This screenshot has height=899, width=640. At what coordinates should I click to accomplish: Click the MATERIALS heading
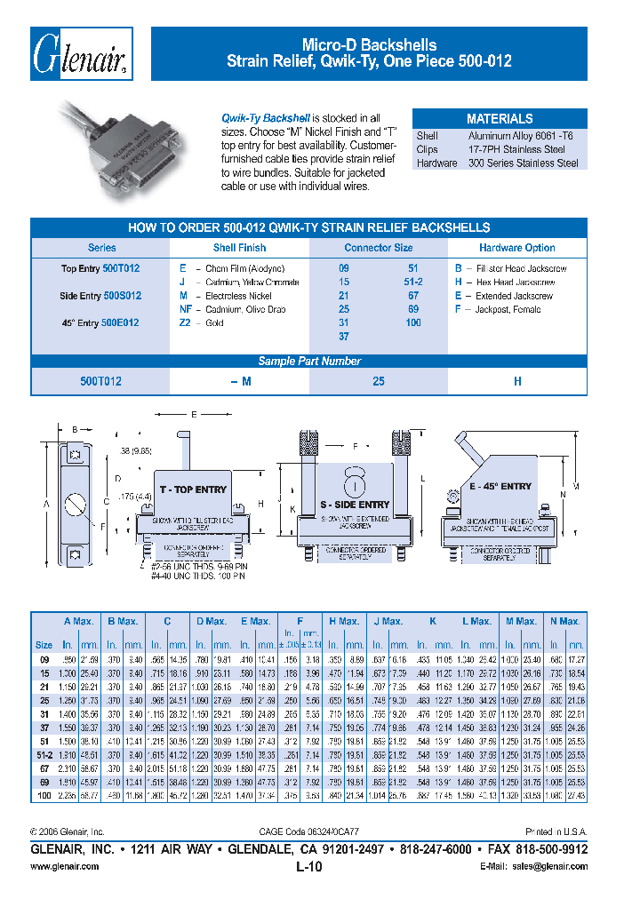coord(500,118)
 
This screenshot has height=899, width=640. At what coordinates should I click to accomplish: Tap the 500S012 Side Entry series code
coord(121,295)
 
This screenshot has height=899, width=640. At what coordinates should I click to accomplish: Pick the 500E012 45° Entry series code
coord(121,322)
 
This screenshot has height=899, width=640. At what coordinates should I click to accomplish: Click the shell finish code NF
coord(186,309)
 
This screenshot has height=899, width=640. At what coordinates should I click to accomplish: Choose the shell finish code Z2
coord(185,323)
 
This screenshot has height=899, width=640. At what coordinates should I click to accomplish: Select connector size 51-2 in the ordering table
coord(413,282)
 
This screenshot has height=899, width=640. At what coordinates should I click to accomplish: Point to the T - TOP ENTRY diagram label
coord(193,489)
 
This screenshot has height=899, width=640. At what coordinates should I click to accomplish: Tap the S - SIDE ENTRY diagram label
coord(355,505)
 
